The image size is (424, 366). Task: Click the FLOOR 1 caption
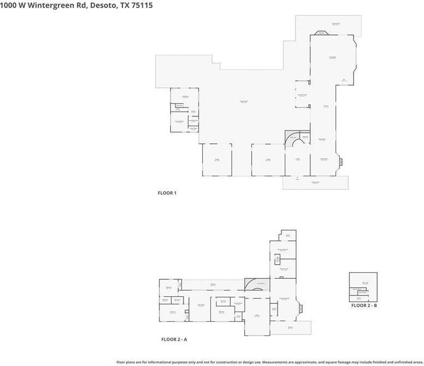click(x=167, y=193)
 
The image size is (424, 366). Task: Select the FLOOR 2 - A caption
click(x=174, y=339)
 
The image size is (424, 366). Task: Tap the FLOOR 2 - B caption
click(x=364, y=305)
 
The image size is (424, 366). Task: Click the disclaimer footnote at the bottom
click(x=270, y=362)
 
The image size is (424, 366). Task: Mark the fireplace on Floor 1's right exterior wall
click(x=341, y=161)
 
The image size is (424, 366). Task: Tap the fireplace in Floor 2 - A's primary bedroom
click(x=298, y=308)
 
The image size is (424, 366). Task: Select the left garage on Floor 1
click(x=217, y=160)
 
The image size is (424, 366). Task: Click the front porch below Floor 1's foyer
click(x=315, y=183)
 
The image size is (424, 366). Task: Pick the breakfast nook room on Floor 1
click(x=302, y=95)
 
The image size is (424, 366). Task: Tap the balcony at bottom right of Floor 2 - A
click(x=291, y=327)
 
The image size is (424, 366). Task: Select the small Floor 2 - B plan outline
click(x=363, y=287)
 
